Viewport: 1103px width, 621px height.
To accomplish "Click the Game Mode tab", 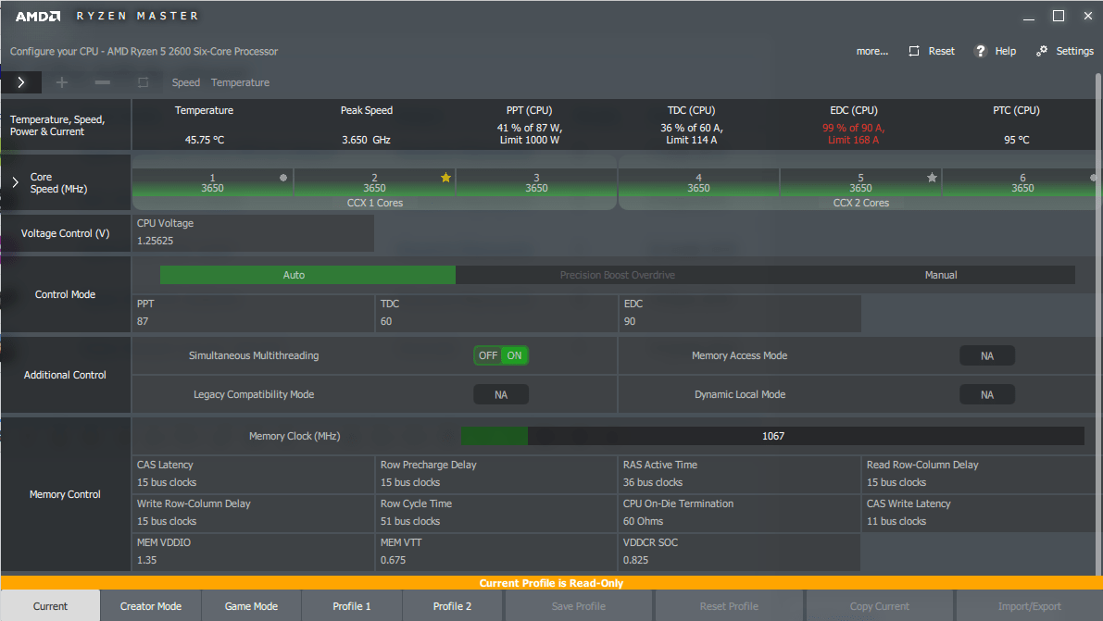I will pyautogui.click(x=251, y=606).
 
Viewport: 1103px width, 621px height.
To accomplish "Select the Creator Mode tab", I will pyautogui.click(x=151, y=606).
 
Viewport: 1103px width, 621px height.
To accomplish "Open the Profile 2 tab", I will pyautogui.click(x=452, y=606).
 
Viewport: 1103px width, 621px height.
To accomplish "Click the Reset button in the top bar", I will pyautogui.click(x=932, y=51).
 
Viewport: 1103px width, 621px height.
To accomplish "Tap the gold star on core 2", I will pyautogui.click(x=445, y=178).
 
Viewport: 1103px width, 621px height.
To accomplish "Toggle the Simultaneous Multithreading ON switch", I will pyautogui.click(x=514, y=355).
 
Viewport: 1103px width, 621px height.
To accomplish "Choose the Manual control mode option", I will pyautogui.click(x=941, y=275).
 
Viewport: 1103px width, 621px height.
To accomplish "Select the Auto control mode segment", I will pyautogui.click(x=294, y=275).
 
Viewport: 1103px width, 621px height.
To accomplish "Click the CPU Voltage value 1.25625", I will pyautogui.click(x=156, y=241).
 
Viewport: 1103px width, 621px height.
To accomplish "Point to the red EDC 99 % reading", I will pyautogui.click(x=852, y=128).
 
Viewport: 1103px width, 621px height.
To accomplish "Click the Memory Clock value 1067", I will pyautogui.click(x=772, y=436).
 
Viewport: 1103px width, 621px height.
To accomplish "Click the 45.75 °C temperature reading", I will pyautogui.click(x=204, y=141).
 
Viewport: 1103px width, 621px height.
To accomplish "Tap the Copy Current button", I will pyautogui.click(x=879, y=606).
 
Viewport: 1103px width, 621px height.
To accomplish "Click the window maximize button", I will pyautogui.click(x=1059, y=16).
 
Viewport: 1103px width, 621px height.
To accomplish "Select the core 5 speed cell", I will pyautogui.click(x=860, y=183).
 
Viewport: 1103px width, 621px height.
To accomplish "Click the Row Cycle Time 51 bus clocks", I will pyautogui.click(x=410, y=521).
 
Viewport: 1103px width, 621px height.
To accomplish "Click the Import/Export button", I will pyautogui.click(x=1029, y=606).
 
